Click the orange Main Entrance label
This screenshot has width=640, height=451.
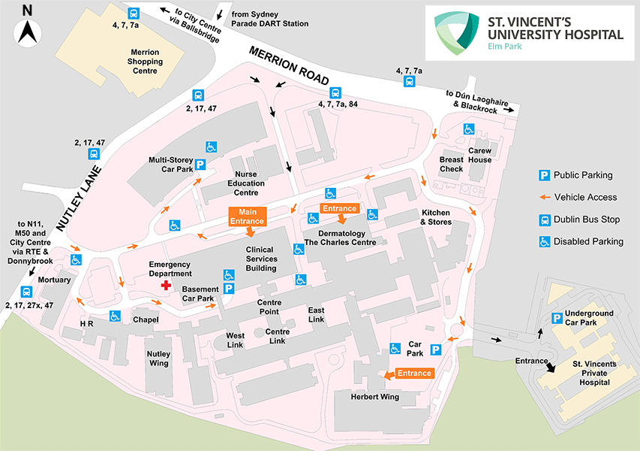247,216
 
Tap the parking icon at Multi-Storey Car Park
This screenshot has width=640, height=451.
200,165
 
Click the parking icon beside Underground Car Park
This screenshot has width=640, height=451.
557,318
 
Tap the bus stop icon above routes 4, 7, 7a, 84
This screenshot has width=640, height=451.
335,93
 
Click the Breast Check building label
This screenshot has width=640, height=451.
452,164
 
